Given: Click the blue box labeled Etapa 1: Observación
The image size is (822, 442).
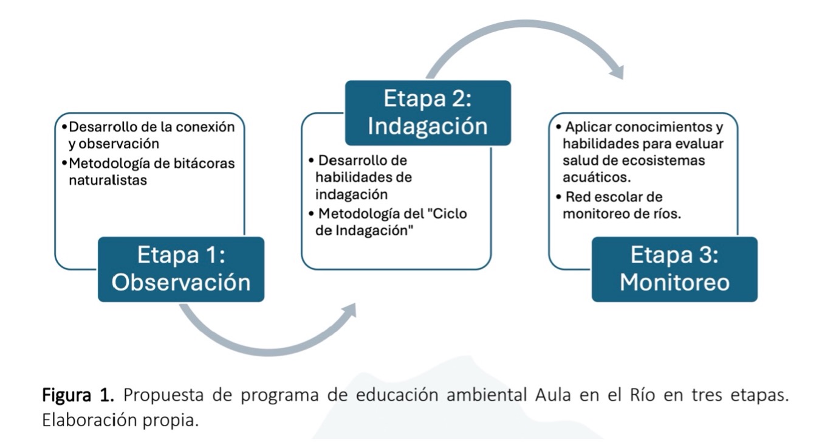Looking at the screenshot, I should click(x=181, y=269).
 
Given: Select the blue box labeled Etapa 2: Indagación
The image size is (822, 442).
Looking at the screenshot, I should click(x=428, y=113).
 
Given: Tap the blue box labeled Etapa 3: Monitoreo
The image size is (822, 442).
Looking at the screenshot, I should click(x=674, y=269).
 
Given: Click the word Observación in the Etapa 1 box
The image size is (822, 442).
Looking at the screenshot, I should click(x=181, y=282).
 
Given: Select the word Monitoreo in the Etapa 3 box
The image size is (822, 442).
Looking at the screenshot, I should click(x=674, y=282).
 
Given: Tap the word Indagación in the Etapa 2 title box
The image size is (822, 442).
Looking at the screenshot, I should click(x=428, y=126).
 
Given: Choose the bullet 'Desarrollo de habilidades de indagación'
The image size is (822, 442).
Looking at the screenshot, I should click(x=361, y=178).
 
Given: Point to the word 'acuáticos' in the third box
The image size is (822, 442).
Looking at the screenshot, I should click(x=596, y=176).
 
